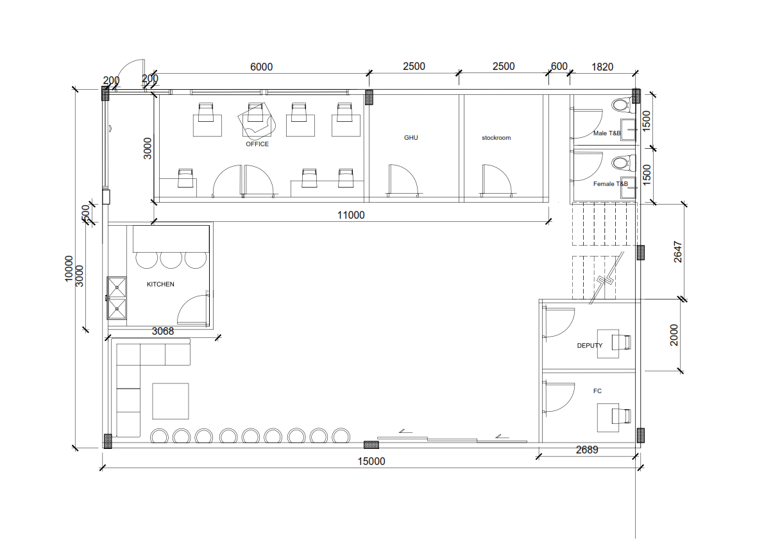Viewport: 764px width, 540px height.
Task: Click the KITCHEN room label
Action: tap(160, 284)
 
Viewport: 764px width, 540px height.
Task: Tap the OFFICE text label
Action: tap(257, 144)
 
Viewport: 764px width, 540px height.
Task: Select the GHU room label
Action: tap(411, 138)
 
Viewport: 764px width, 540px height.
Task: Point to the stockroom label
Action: tap(496, 138)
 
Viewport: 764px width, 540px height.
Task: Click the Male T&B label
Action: tap(607, 133)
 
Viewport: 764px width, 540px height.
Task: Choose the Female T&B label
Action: tap(610, 183)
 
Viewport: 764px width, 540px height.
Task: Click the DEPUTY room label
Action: tap(590, 345)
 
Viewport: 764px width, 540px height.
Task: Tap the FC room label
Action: tap(597, 391)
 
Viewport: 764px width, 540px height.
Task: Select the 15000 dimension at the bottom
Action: tap(371, 461)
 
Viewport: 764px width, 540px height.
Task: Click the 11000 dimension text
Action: tap(351, 215)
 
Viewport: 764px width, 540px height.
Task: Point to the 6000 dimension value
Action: tap(261, 67)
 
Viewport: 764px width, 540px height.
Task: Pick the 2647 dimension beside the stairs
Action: tap(678, 252)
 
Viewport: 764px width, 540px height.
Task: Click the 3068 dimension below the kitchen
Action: tap(163, 331)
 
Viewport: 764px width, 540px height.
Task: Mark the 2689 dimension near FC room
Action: tap(587, 450)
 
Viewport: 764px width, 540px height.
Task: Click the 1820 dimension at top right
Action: tap(602, 67)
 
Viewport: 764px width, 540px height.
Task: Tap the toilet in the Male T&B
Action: tap(623, 104)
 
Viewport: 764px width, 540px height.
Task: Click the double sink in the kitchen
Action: tap(117, 298)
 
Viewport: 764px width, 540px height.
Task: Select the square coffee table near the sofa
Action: tap(171, 401)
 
